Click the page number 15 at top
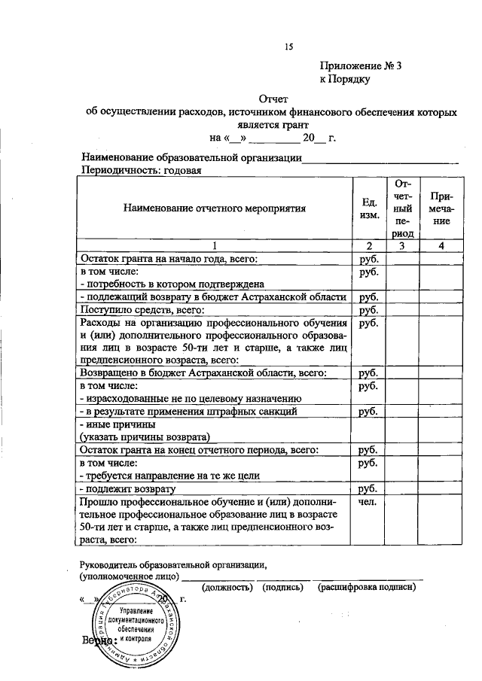pyautogui.click(x=288, y=47)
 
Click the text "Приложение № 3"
pyautogui.click(x=361, y=65)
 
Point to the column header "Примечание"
pyautogui.click(x=436, y=209)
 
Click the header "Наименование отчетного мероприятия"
pyautogui.click(x=215, y=209)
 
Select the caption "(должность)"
pyautogui.click(x=228, y=587)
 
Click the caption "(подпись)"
pyautogui.click(x=284, y=587)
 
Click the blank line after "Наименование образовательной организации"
pyautogui.click(x=380, y=159)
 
